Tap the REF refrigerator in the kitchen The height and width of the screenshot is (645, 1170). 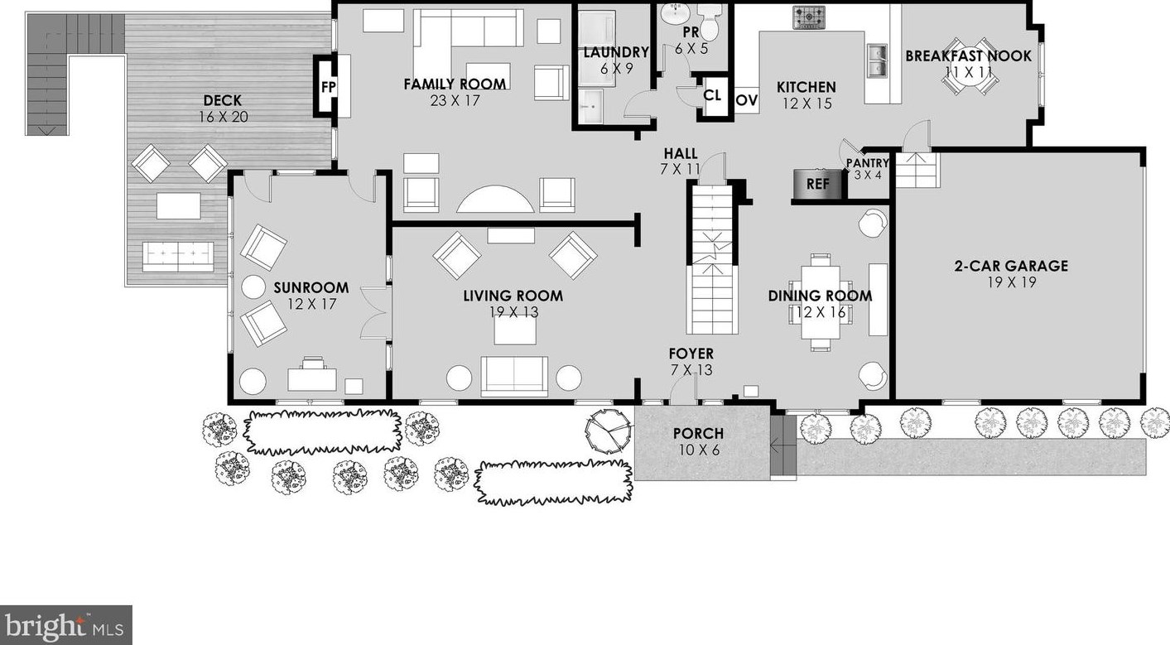817,184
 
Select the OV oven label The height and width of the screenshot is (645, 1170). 746,100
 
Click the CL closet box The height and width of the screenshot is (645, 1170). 712,95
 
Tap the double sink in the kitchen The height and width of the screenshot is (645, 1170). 875,58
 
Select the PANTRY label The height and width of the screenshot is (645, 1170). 867,164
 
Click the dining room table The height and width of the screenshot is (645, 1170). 819,301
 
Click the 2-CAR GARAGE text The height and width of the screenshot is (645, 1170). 1010,266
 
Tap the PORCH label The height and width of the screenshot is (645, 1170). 697,433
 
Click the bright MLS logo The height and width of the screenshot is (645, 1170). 65,624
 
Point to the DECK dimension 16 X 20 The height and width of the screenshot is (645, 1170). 223,117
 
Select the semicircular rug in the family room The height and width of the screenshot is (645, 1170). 496,200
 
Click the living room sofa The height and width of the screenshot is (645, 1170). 514,376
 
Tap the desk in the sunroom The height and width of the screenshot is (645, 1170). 312,378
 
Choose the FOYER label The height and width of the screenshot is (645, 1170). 691,354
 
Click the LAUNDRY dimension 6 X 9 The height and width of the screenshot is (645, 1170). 615,69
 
